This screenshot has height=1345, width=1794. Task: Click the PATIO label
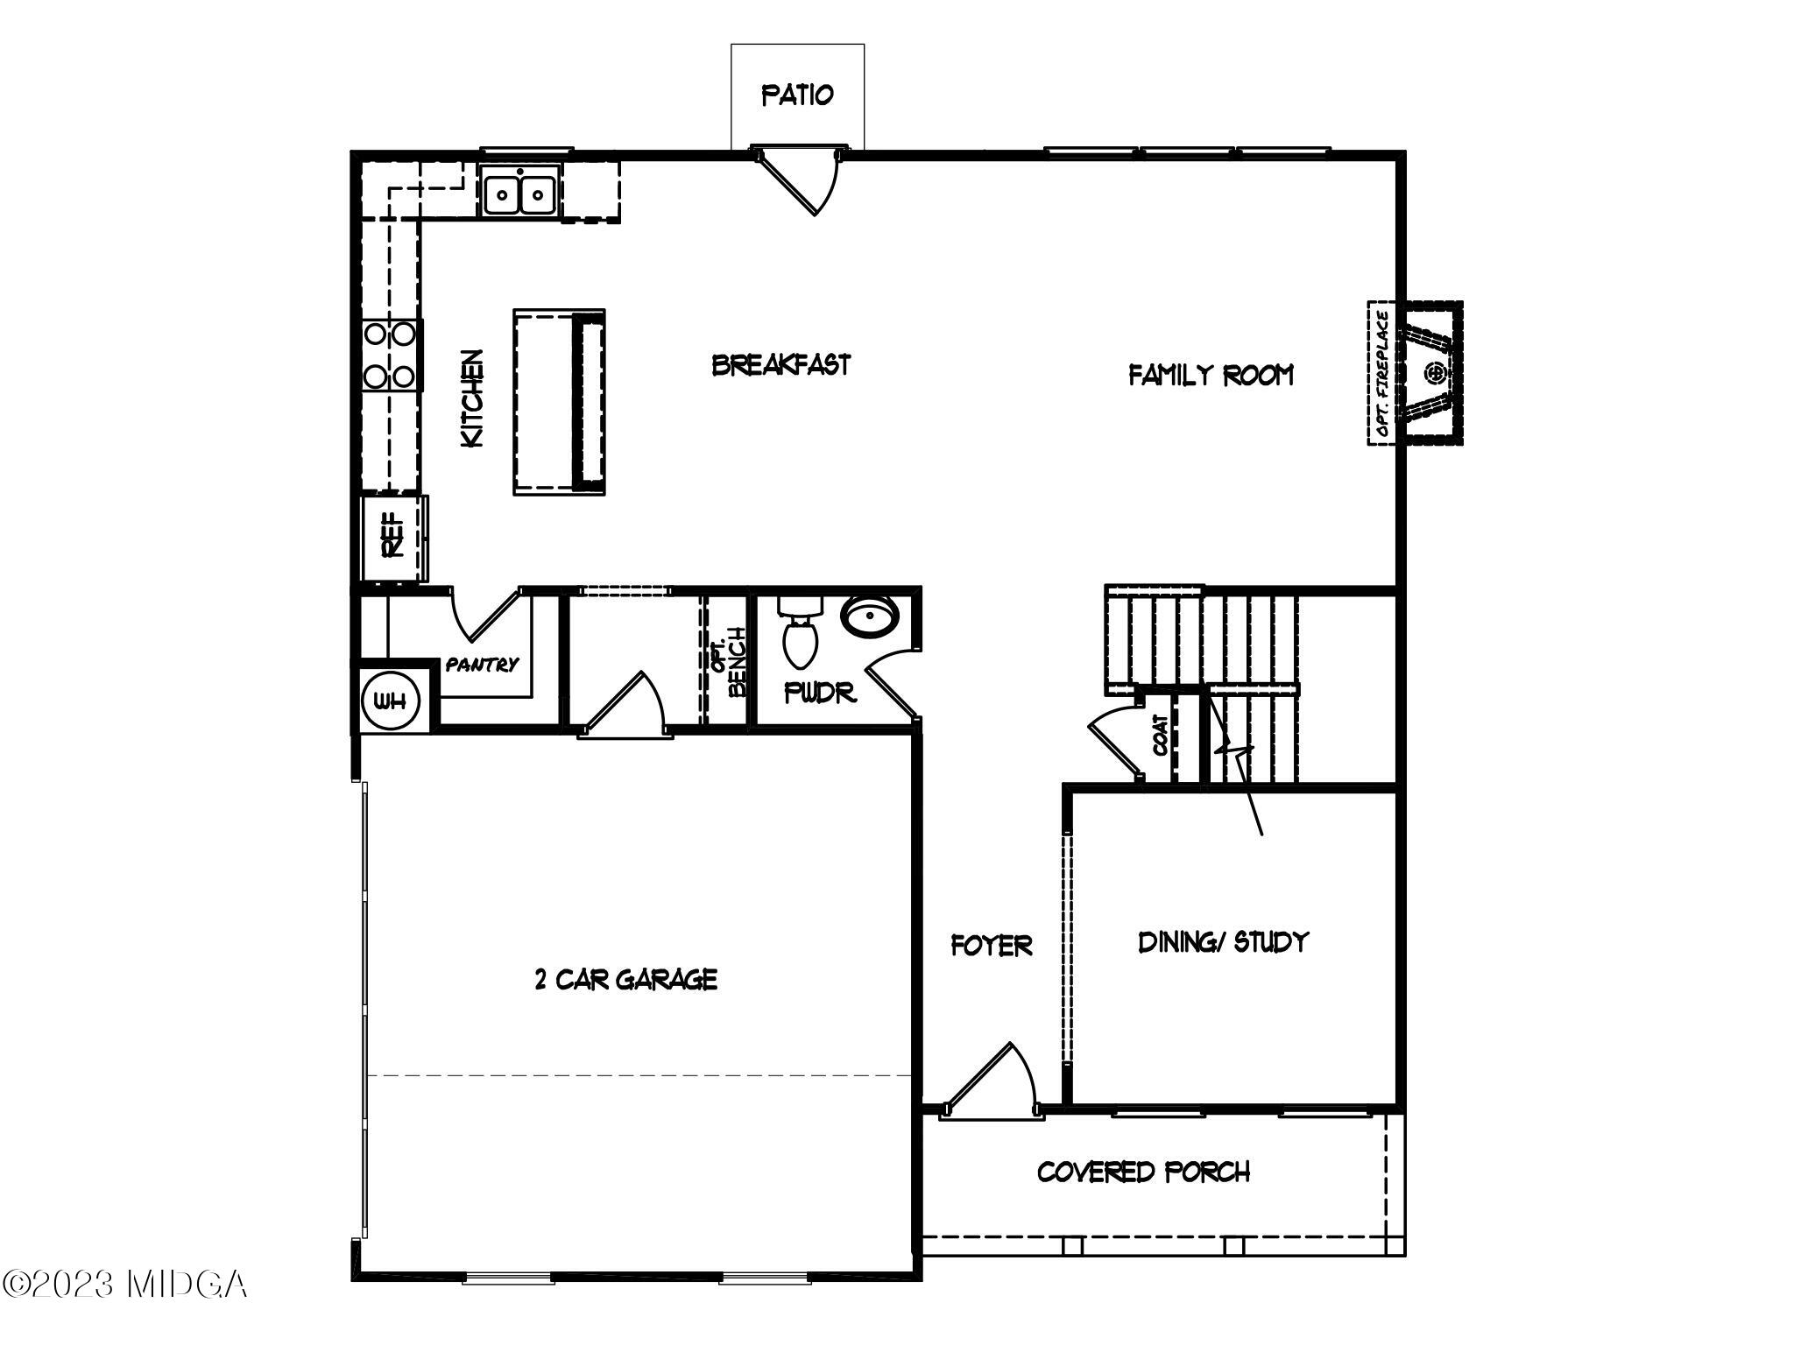click(x=797, y=95)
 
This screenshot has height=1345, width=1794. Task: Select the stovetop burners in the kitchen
click(x=391, y=355)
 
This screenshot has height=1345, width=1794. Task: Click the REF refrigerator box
click(x=393, y=536)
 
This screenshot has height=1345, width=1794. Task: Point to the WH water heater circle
click(x=391, y=701)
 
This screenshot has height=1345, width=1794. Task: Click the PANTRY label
click(x=482, y=665)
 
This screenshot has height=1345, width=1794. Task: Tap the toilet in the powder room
click(x=801, y=631)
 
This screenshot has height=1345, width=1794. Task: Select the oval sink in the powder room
click(x=870, y=616)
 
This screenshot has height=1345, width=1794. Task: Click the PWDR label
click(x=819, y=694)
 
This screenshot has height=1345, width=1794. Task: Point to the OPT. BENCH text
click(x=729, y=663)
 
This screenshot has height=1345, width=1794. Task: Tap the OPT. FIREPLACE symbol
click(x=1415, y=373)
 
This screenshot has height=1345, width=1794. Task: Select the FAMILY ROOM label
click(x=1211, y=376)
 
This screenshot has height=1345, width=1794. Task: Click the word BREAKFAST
click(x=780, y=364)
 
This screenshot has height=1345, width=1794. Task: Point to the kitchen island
click(x=559, y=401)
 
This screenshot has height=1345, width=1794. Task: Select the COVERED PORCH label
click(x=1143, y=1172)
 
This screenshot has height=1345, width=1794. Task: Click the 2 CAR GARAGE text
click(x=625, y=979)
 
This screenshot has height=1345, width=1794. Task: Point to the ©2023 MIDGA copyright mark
click(x=124, y=1285)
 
